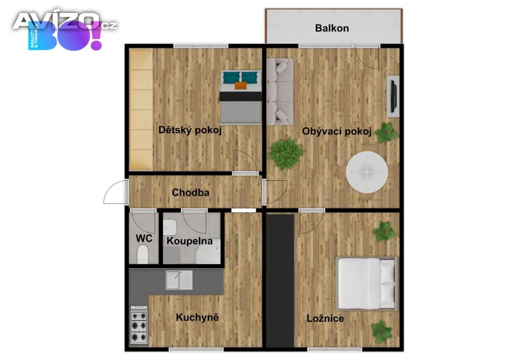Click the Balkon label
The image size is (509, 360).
[x=332, y=28]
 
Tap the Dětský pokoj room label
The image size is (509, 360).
[x=190, y=130]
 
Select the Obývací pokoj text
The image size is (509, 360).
[x=337, y=131]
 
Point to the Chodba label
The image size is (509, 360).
[x=190, y=192]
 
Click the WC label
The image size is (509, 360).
[x=144, y=239]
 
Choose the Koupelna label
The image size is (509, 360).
[x=189, y=241]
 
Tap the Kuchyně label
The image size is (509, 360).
[x=197, y=317]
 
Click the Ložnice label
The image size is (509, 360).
[x=325, y=318]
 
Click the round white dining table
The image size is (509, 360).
[x=367, y=172]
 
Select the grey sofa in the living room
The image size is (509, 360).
[x=280, y=91]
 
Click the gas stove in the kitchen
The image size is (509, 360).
[x=139, y=325]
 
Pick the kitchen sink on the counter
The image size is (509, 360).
[x=179, y=280]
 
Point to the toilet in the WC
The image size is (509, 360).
[x=143, y=255]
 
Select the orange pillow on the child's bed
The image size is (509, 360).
[x=241, y=86]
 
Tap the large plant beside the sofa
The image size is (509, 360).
[x=286, y=153]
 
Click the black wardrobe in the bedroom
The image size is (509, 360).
[x=280, y=281]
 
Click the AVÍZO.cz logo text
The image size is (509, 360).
[x=65, y=21]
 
